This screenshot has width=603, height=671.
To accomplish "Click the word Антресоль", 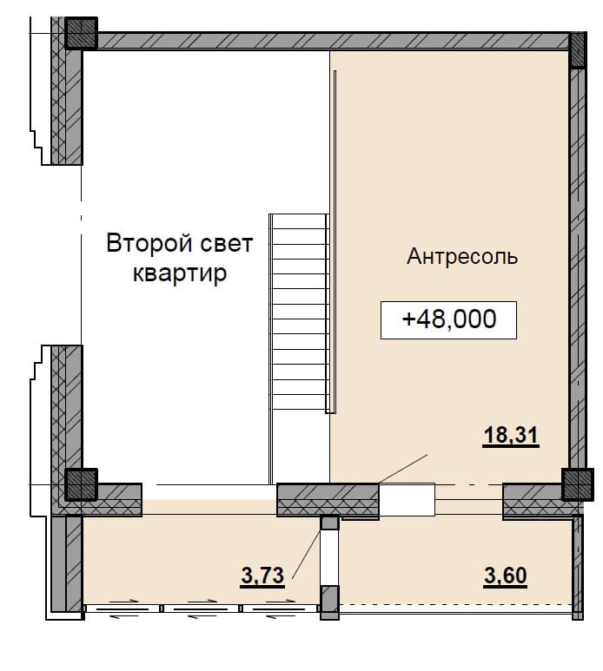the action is pyautogui.click(x=462, y=257).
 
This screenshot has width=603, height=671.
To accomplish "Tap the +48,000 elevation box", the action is pyautogui.click(x=449, y=320).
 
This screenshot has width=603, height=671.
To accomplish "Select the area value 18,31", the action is pyautogui.click(x=511, y=436).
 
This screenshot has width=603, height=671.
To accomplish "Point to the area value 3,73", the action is pyautogui.click(x=262, y=576).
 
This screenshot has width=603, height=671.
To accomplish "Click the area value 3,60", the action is pyautogui.click(x=506, y=576).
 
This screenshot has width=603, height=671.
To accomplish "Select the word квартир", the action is pyautogui.click(x=180, y=274).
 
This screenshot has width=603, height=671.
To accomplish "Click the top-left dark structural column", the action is pyautogui.click(x=81, y=33).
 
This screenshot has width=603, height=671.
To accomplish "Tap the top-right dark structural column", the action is pyautogui.click(x=578, y=49).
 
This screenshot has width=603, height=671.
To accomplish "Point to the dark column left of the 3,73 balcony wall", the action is pyautogui.click(x=81, y=484).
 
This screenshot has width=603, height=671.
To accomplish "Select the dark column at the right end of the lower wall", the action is pyautogui.click(x=577, y=484).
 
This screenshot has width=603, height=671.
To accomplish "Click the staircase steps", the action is pyautogui.click(x=299, y=312).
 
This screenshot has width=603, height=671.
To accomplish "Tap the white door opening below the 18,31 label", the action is pyautogui.click(x=407, y=499).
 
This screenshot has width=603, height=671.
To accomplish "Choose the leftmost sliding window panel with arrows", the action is pyautogui.click(x=123, y=609).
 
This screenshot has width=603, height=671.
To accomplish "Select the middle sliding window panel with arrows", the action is pyautogui.click(x=202, y=609).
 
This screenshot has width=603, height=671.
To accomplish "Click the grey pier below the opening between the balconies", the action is pyautogui.click(x=330, y=602).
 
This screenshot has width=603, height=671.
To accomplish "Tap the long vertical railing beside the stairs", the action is pyautogui.click(x=335, y=242).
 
